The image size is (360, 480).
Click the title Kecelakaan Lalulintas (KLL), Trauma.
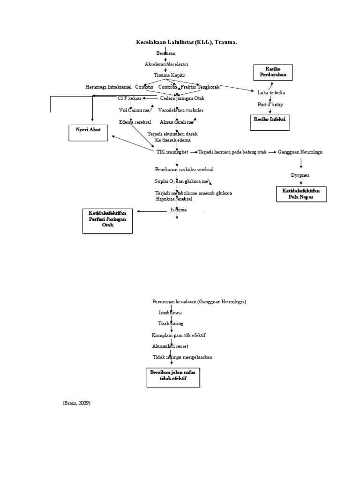pos(187,42)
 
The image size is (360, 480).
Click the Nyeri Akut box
pos(89,130)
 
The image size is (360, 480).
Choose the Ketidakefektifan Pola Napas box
pos(300,194)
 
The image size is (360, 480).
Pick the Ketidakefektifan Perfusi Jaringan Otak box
pos(107,220)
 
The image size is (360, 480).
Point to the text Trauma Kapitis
pos(170,75)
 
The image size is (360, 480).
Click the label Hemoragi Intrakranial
pos(109,87)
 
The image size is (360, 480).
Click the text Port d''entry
pos(270,105)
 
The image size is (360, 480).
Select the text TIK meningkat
pos(172,152)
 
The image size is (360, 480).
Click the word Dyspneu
pos(300,175)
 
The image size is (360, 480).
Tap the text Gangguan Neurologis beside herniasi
pos(300,152)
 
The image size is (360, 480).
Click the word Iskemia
pos(178,210)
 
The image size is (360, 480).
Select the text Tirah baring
pos(171,323)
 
